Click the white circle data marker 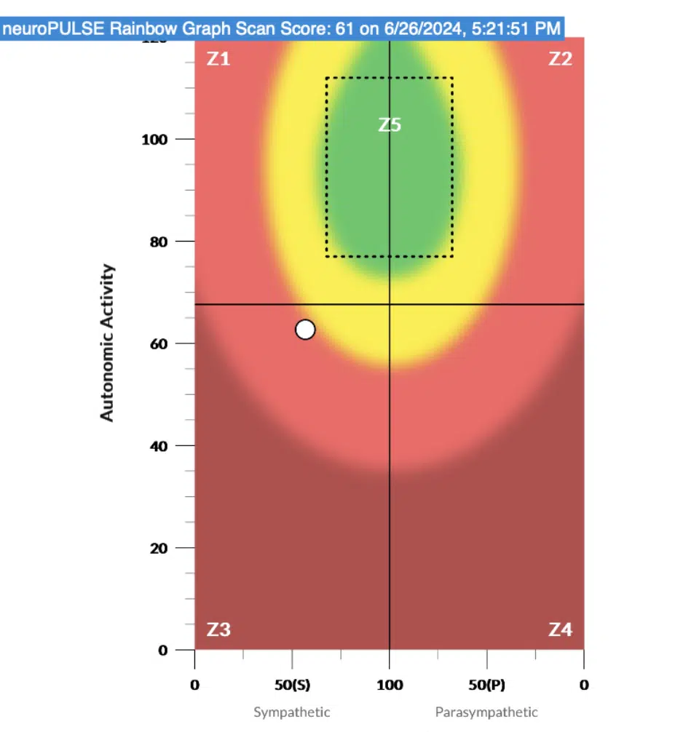(305, 330)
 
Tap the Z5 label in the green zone (390, 125)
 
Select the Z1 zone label (218, 60)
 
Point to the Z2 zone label (560, 60)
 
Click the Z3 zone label (218, 629)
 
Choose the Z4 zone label (560, 629)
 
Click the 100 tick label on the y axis (156, 139)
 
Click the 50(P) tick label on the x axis (486, 685)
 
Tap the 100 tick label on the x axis (390, 685)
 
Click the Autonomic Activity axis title (108, 343)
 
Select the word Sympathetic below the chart (292, 712)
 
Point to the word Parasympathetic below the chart (486, 712)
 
